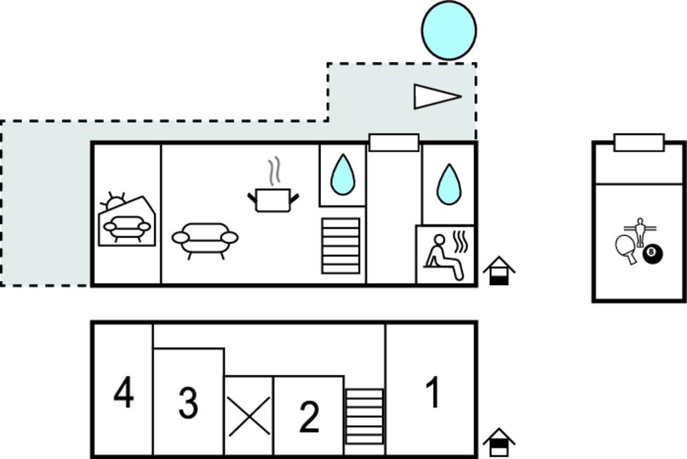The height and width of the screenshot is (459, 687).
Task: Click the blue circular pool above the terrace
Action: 448,30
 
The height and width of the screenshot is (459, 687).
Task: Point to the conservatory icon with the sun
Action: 127,219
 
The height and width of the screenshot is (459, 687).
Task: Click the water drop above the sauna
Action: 449,184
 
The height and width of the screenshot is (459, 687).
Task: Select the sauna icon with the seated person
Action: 446,256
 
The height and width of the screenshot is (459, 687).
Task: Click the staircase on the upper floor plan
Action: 341,246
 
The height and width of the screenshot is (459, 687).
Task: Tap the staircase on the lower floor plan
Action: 364,417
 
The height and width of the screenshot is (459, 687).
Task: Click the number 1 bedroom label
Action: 433,393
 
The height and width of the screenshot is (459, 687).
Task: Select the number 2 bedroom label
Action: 309,417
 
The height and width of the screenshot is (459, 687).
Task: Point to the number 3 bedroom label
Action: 189,402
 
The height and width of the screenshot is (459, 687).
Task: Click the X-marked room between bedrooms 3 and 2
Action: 249,415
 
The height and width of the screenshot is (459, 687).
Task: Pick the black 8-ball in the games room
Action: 653,254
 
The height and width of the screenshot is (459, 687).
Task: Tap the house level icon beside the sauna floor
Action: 499,271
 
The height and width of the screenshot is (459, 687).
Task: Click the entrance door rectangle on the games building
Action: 639,143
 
